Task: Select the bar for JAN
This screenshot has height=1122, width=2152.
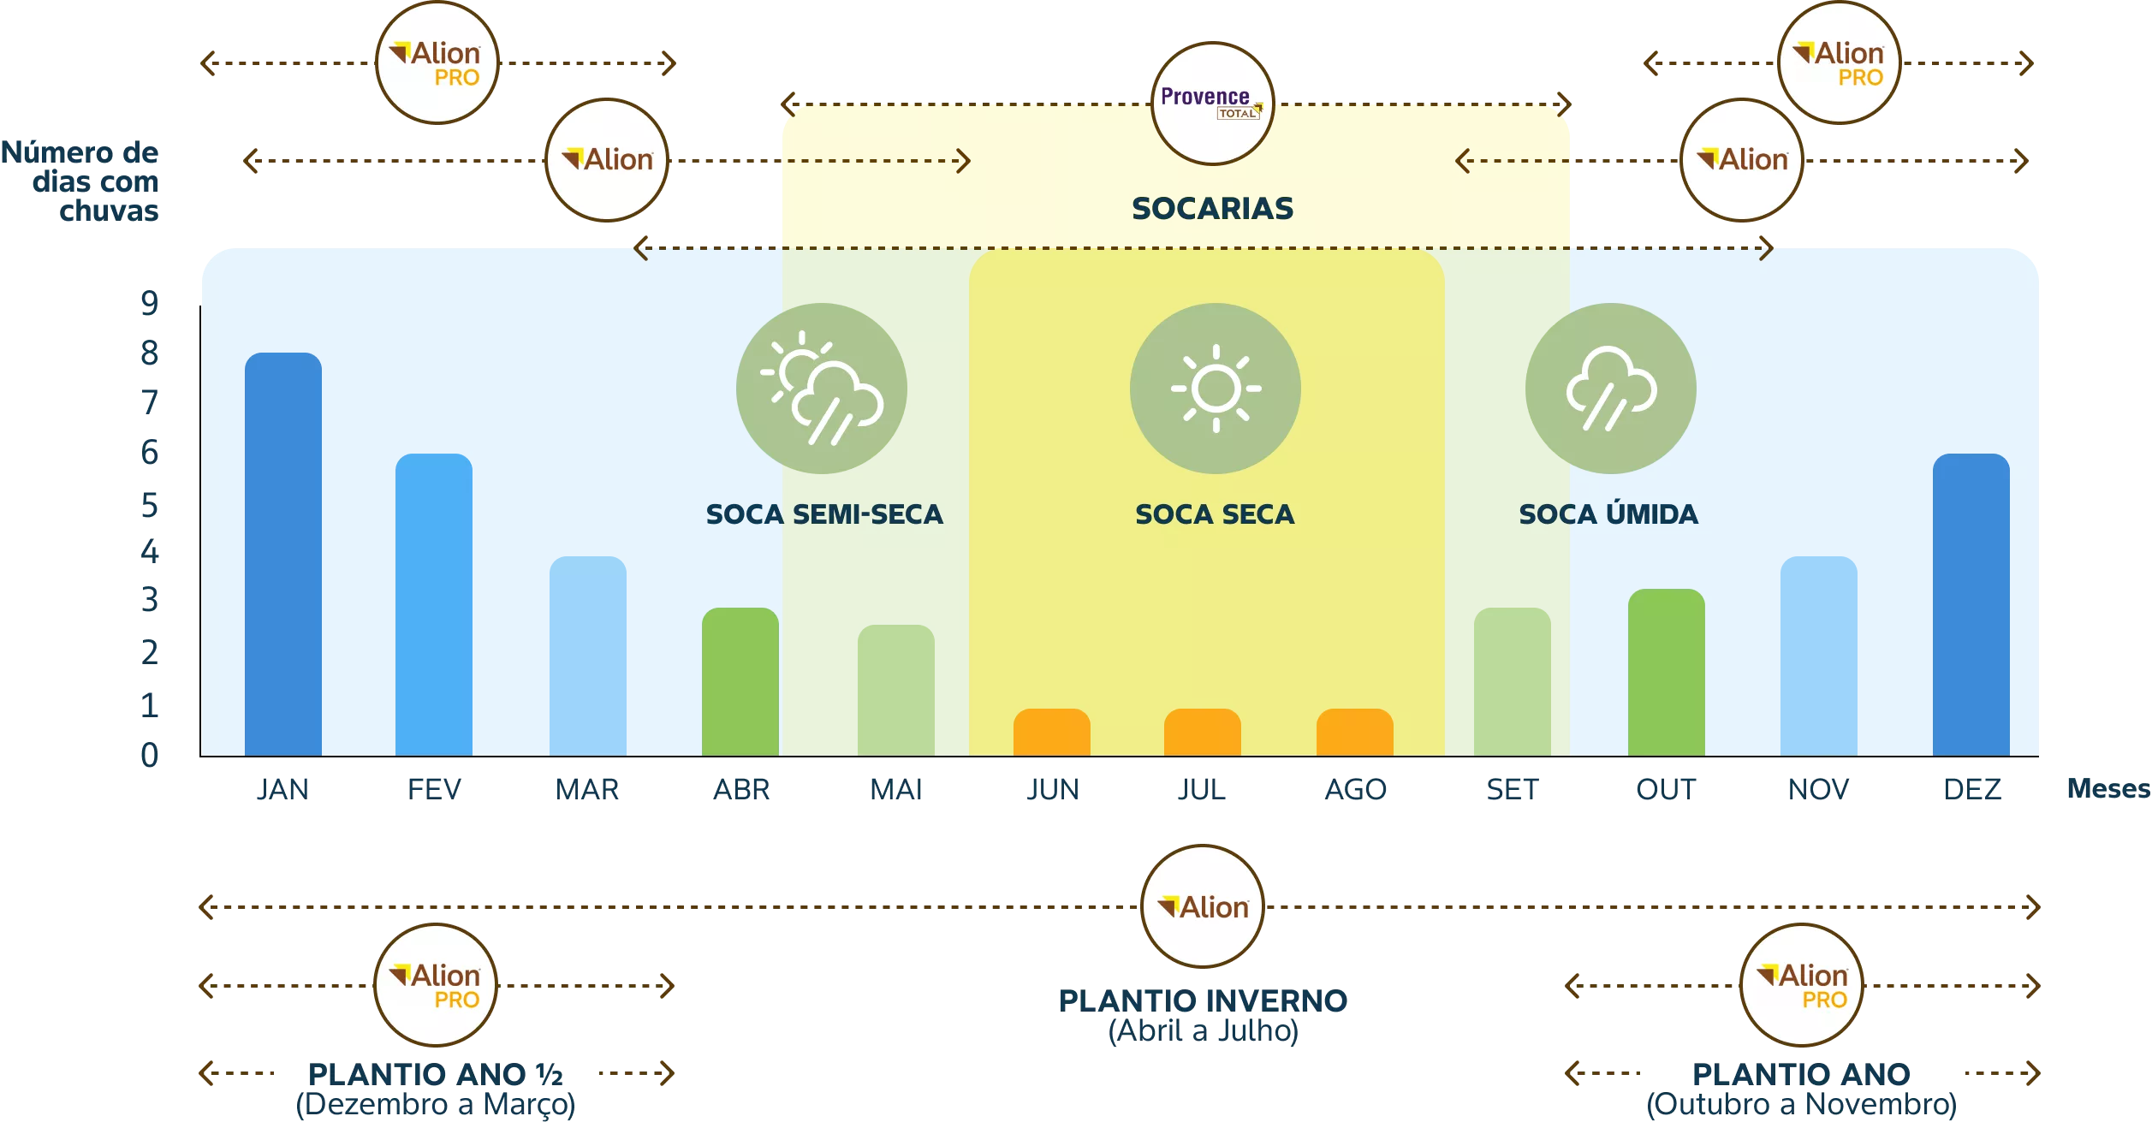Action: tap(283, 554)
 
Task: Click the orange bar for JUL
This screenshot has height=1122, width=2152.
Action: tap(1203, 732)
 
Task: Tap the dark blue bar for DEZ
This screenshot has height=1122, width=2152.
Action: tap(1971, 604)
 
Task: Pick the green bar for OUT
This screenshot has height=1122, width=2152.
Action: tap(1667, 672)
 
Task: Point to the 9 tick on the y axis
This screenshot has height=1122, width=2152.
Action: tap(150, 303)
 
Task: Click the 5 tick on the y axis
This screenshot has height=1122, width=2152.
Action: tap(150, 506)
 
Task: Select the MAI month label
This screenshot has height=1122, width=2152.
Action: tap(896, 789)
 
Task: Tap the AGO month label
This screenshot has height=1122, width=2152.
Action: tap(1356, 789)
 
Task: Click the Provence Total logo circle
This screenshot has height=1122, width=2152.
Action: tap(1213, 104)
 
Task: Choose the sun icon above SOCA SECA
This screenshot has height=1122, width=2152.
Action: tap(1216, 389)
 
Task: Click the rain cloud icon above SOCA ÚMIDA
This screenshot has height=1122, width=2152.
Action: tap(1611, 389)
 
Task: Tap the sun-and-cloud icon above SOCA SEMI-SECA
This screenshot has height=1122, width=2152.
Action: tap(822, 389)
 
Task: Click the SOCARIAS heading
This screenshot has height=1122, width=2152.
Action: tap(1213, 208)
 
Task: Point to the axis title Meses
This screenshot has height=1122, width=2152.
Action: tap(2109, 788)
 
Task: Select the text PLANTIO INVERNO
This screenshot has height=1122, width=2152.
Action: tap(1204, 1000)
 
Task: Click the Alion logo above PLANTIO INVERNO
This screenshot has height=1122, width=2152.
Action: tap(1203, 906)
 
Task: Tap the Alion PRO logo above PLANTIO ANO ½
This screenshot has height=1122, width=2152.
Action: tap(436, 985)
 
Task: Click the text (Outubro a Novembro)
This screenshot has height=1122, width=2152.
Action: tap(1802, 1104)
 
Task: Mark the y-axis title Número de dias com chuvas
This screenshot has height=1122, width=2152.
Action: tap(80, 181)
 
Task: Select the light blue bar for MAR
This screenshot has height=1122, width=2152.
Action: tap(588, 656)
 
